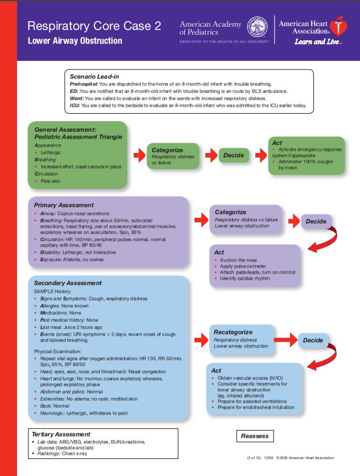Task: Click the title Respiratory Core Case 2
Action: click(x=94, y=26)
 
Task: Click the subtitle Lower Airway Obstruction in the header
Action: click(x=75, y=41)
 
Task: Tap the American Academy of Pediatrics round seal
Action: click(x=258, y=27)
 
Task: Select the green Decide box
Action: click(x=233, y=155)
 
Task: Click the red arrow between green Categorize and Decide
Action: click(x=210, y=155)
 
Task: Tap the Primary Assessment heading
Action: click(x=64, y=205)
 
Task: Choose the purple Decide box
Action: click(x=316, y=221)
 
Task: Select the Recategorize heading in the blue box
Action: click(x=233, y=332)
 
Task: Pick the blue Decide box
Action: click(x=313, y=340)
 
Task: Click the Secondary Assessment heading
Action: click(x=68, y=283)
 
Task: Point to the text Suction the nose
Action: click(x=238, y=260)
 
